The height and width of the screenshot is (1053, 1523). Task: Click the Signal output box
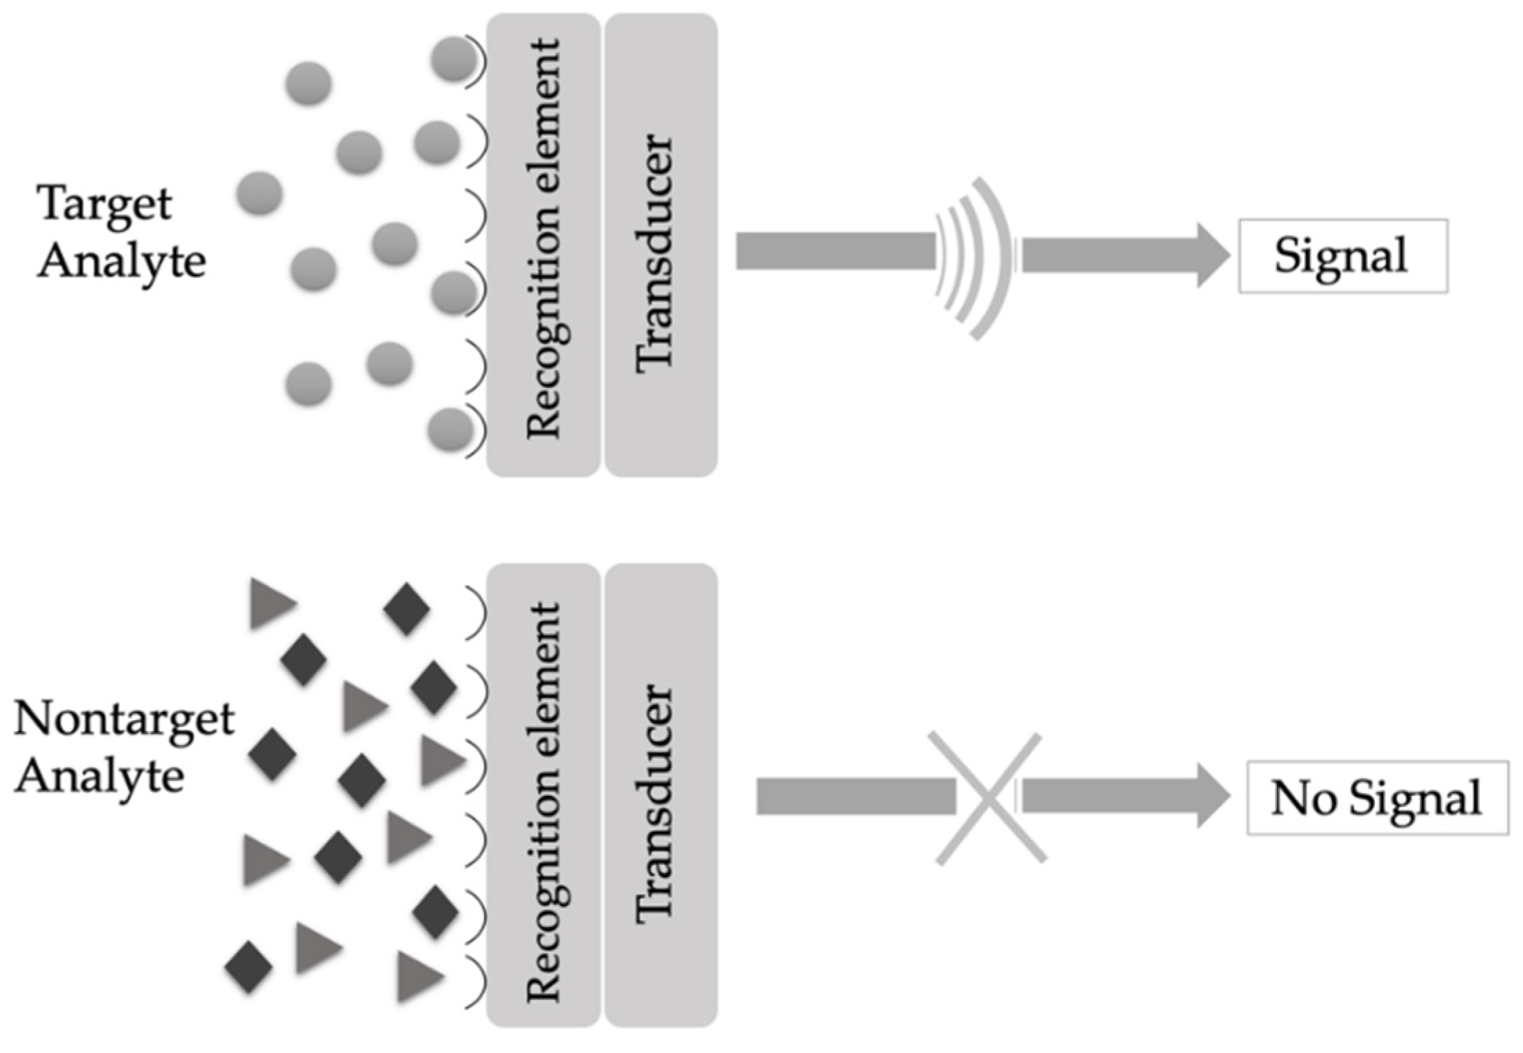pyautogui.click(x=1342, y=256)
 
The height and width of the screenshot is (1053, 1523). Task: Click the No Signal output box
pyautogui.click(x=1377, y=797)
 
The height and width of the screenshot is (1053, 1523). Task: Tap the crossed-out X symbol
pyautogui.click(x=989, y=797)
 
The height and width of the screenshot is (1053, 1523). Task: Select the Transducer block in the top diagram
pyautogui.click(x=660, y=245)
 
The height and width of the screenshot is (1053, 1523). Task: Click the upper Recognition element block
pyautogui.click(x=543, y=245)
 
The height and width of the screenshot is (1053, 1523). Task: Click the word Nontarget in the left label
pyautogui.click(x=124, y=719)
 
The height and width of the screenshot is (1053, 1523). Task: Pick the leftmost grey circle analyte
pyautogui.click(x=259, y=194)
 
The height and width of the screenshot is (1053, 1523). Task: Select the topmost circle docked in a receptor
pyautogui.click(x=453, y=60)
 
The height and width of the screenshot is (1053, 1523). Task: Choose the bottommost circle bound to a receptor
pyautogui.click(x=450, y=430)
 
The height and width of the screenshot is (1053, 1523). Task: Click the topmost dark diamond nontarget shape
pyautogui.click(x=407, y=608)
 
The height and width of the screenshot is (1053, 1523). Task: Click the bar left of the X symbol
pyautogui.click(x=856, y=796)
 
